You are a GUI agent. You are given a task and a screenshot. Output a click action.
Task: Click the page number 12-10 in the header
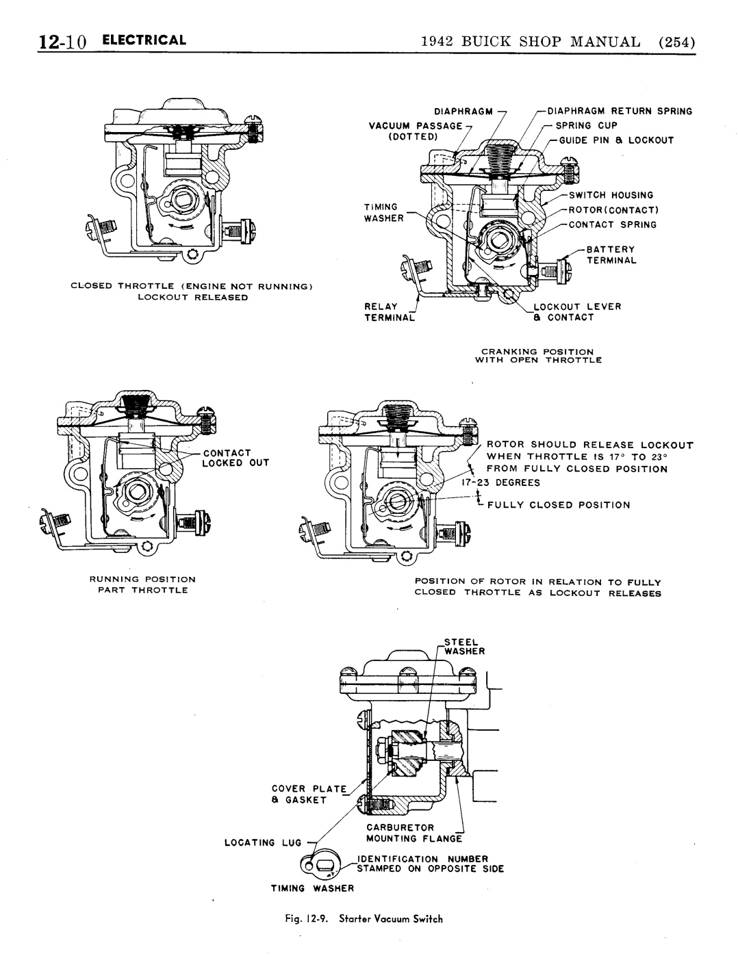click(x=62, y=42)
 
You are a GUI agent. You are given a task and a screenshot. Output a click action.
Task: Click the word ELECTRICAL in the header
click(x=144, y=40)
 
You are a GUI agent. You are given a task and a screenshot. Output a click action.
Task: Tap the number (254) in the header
click(x=676, y=42)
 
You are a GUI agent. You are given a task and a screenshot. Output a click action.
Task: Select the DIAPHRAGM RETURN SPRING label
click(x=620, y=111)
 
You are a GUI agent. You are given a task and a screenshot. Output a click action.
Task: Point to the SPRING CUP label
click(x=586, y=126)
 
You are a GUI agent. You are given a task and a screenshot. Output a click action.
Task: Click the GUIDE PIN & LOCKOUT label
click(x=616, y=140)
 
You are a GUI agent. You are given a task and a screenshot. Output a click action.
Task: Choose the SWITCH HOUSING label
click(x=611, y=195)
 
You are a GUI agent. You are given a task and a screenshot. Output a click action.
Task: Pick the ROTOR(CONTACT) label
click(x=613, y=210)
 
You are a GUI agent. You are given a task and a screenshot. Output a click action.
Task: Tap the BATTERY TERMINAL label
click(x=611, y=255)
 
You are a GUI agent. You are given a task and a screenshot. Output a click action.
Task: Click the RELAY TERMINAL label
click(x=390, y=311)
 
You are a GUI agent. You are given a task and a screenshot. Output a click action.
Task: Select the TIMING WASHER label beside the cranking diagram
click(x=383, y=213)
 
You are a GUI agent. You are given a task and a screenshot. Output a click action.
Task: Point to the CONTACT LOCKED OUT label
click(x=236, y=458)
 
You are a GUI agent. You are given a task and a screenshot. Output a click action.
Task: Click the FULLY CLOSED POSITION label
click(x=559, y=505)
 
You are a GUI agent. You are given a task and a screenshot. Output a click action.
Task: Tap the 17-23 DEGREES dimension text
click(x=500, y=482)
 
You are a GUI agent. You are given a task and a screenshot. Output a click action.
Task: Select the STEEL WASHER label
click(x=464, y=647)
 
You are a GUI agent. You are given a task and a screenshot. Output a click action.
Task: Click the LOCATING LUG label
click(x=263, y=842)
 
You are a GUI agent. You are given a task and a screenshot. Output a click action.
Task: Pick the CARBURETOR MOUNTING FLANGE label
click(x=414, y=833)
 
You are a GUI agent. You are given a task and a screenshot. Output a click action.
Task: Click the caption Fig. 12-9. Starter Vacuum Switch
click(x=364, y=919)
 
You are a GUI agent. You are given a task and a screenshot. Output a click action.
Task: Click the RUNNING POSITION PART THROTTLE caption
click(x=142, y=584)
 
